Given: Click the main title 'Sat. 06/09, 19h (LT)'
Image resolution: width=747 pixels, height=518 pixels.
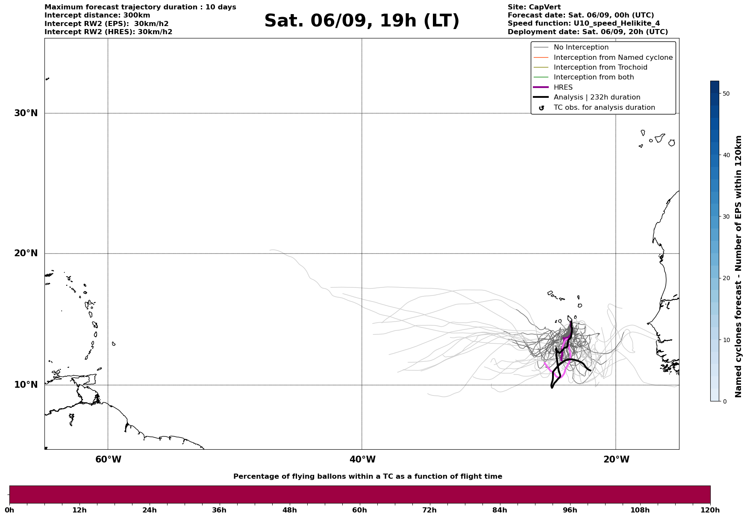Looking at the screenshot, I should tap(362, 21).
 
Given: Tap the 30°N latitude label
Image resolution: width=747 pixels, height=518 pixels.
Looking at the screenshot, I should tap(26, 113).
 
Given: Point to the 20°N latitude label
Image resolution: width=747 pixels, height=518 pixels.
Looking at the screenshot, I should tap(26, 253).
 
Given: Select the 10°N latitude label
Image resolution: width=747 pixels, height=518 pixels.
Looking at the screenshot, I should tap(26, 385).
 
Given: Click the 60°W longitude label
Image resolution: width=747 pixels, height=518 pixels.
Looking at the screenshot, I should tap(108, 459).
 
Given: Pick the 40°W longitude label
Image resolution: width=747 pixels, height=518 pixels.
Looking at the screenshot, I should tap(362, 459).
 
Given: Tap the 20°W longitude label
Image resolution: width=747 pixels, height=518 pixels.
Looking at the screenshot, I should tap(616, 459).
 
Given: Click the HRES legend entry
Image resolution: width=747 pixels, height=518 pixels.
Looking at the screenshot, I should tap(563, 88).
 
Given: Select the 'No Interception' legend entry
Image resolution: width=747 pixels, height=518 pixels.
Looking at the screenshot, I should tap(581, 47).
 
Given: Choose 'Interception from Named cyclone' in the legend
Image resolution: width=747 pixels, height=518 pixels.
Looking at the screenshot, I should tap(613, 58).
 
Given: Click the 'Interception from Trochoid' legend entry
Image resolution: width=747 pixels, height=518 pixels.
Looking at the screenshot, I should tap(600, 67).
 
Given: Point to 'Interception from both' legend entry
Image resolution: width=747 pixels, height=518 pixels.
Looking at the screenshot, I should tap(594, 77).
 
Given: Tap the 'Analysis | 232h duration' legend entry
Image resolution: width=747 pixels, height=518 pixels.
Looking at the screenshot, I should tap(597, 97).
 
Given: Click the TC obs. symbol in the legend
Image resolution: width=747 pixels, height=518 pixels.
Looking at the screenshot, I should tap(541, 108).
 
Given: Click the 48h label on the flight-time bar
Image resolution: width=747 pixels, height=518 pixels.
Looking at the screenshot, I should tap(289, 510).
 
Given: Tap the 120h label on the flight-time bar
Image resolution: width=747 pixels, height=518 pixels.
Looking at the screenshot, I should tap(710, 510).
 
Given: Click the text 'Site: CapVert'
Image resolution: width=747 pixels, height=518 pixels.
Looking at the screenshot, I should tap(534, 7).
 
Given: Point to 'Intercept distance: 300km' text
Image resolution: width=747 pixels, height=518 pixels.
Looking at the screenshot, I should tap(97, 15).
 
